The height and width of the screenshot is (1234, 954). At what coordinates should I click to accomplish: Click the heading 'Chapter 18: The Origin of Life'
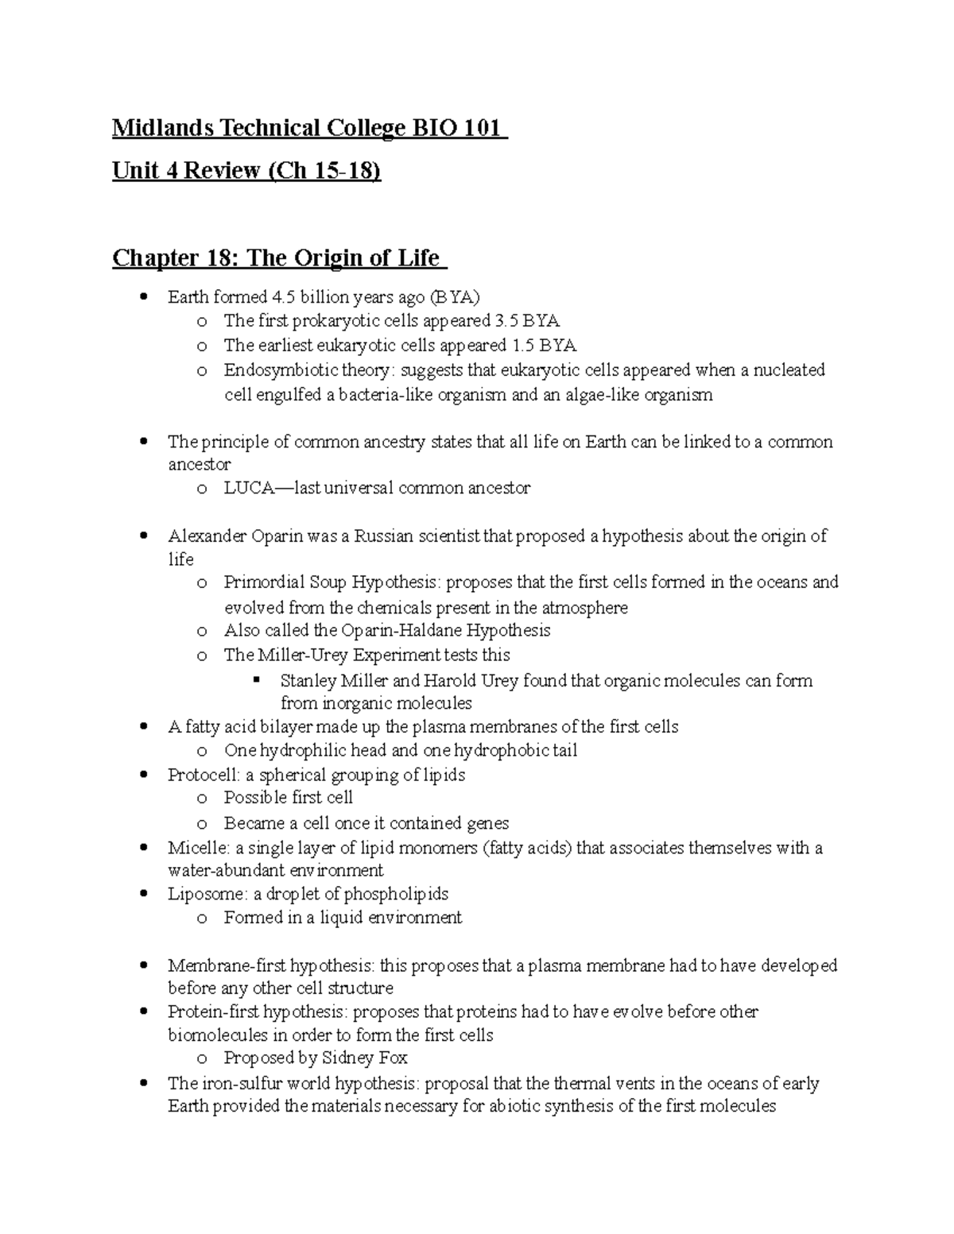(x=276, y=257)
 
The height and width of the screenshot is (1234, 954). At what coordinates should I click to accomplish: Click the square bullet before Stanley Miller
(x=256, y=680)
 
